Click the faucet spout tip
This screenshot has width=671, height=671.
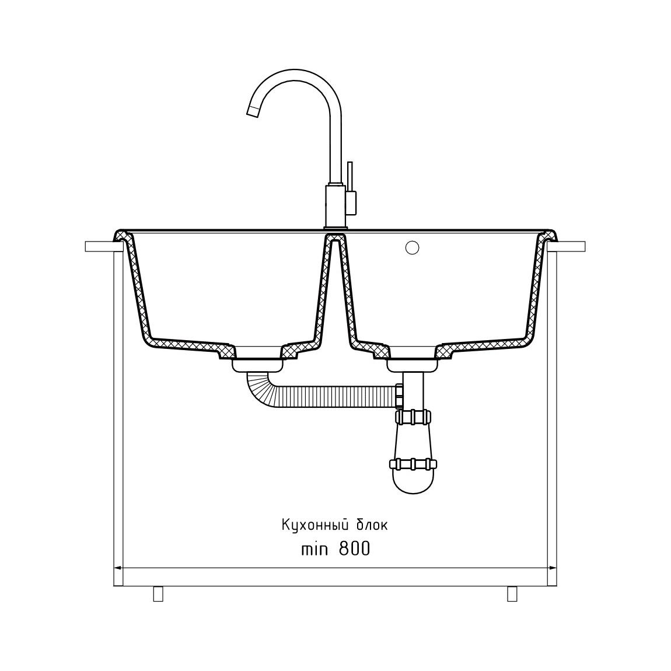pyautogui.click(x=253, y=111)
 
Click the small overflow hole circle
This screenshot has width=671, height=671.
pyautogui.click(x=412, y=247)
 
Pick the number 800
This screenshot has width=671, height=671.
pyautogui.click(x=354, y=548)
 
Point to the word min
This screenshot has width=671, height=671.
pyautogui.click(x=314, y=549)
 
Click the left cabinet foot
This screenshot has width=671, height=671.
pyautogui.click(x=158, y=593)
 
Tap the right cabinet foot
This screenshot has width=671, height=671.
pyautogui.click(x=512, y=593)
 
